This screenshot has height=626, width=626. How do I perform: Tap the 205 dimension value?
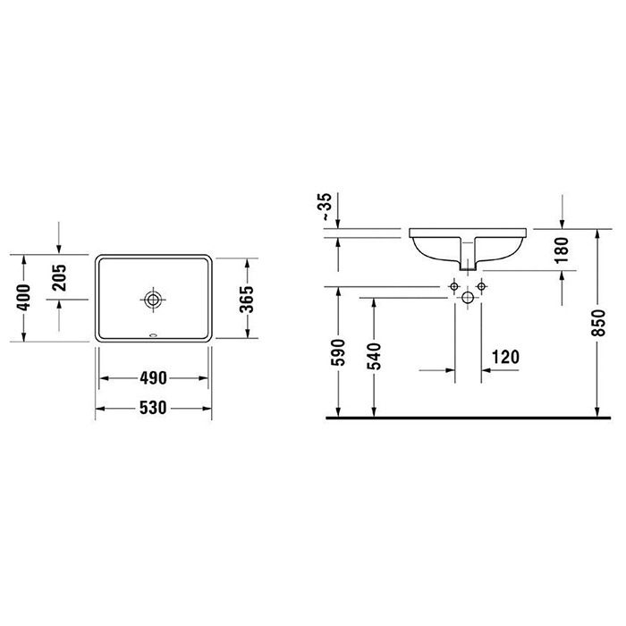60,279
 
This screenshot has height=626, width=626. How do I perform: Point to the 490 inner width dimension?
153,378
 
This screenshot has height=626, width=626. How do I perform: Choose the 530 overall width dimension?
153,408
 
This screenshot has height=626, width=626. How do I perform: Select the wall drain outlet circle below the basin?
468,296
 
